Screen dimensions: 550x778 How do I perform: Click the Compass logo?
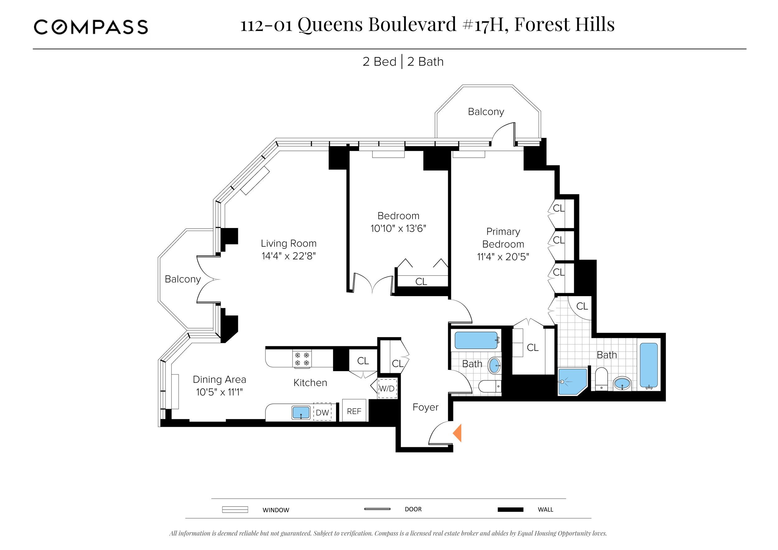pyautogui.click(x=91, y=27)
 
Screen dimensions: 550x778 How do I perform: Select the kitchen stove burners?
pyautogui.click(x=302, y=359)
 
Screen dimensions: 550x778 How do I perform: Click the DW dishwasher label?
pyautogui.click(x=322, y=412)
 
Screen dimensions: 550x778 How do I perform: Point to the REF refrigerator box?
pyautogui.click(x=354, y=411)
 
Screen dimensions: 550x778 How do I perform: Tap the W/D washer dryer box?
pyautogui.click(x=387, y=389)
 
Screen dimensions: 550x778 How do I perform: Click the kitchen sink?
pyautogui.click(x=301, y=413)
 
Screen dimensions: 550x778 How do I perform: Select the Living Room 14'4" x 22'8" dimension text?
pyautogui.click(x=288, y=256)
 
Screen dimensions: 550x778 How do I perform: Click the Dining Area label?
pyautogui.click(x=219, y=379)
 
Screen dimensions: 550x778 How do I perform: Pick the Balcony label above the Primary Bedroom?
pyautogui.click(x=485, y=112)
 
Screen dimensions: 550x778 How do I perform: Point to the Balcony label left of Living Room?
pyautogui.click(x=183, y=279)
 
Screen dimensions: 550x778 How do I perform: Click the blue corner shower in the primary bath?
pyautogui.click(x=572, y=382)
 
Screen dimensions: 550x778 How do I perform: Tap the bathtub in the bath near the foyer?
pyautogui.click(x=476, y=340)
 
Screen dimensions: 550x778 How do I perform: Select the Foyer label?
pyautogui.click(x=425, y=407)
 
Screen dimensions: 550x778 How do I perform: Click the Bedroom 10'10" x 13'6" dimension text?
pyautogui.click(x=398, y=229)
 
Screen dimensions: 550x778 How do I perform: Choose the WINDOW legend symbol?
pyautogui.click(x=235, y=510)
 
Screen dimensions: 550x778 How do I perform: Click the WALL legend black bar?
pyautogui.click(x=510, y=510)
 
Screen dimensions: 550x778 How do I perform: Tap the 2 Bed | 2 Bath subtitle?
pyautogui.click(x=403, y=62)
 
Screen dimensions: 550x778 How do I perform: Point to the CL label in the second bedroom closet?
pyautogui.click(x=421, y=282)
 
